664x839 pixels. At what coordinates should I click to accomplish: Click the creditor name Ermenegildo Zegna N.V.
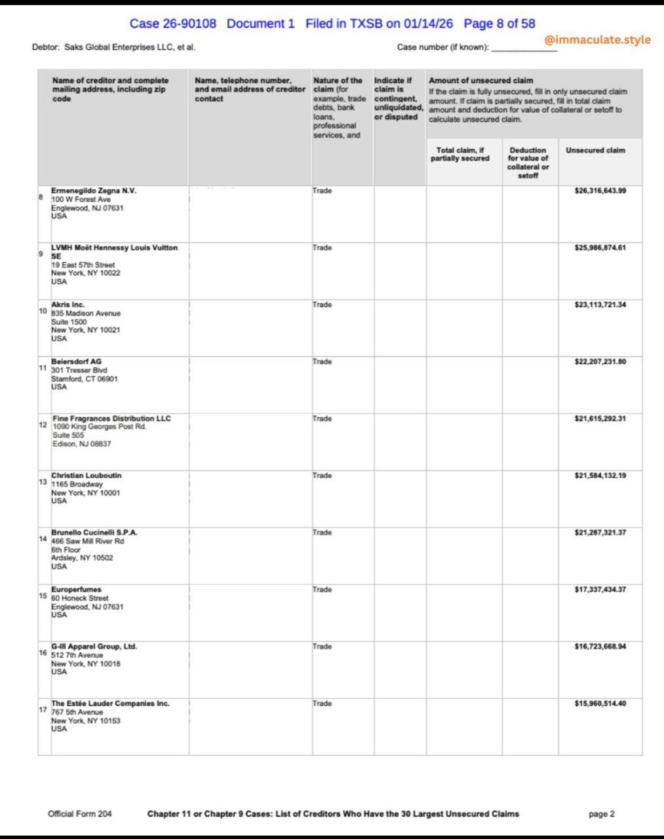point(94,191)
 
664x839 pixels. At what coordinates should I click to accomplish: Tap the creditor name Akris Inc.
point(68,305)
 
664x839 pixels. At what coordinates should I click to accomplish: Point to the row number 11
point(43,368)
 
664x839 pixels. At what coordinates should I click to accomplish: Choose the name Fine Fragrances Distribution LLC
point(111,418)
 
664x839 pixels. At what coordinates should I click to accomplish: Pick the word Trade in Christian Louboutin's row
point(322,475)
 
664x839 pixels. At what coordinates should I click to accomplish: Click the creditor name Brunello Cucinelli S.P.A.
point(94,532)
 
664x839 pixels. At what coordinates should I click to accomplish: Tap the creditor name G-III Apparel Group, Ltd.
point(94,646)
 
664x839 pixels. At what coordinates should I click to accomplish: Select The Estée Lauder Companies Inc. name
point(110,703)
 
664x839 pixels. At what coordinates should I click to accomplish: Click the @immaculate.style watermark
point(597,40)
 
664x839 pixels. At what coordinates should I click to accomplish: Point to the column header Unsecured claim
point(595,150)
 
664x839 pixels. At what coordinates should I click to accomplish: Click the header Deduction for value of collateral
point(528,163)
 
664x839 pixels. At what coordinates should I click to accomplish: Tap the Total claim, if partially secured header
point(459,154)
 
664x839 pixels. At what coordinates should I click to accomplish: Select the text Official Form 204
point(80,813)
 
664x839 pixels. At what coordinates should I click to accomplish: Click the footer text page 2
point(602,813)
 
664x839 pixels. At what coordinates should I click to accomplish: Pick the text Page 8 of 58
point(499,24)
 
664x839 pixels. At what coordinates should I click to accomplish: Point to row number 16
point(43,653)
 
